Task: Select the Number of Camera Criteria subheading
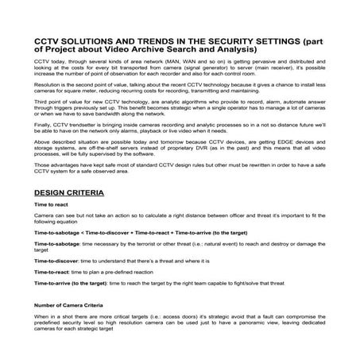72,327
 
